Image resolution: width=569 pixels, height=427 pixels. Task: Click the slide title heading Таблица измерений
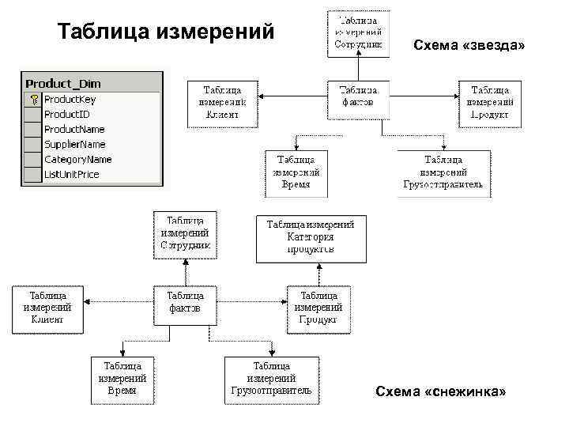tap(167, 32)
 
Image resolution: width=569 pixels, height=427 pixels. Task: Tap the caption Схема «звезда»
tap(469, 46)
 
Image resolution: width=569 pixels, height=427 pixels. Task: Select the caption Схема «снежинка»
tap(440, 393)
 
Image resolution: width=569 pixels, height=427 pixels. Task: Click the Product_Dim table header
tap(63, 83)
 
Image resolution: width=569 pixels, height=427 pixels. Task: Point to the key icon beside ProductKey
tap(33, 100)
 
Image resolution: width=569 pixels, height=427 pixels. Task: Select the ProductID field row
tap(66, 114)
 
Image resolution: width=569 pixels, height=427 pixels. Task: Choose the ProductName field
tap(73, 129)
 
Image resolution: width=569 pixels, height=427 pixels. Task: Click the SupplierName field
tap(74, 144)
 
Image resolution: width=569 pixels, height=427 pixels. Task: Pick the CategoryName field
tap(77, 159)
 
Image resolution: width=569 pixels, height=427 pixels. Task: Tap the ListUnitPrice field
tap(71, 174)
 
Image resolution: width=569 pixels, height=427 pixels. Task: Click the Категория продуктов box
tap(311, 237)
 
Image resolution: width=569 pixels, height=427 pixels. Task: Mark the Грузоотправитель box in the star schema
tap(447, 173)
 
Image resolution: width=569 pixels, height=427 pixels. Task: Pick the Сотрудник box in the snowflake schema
tap(185, 234)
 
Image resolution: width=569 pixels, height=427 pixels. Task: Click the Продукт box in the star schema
tap(490, 103)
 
